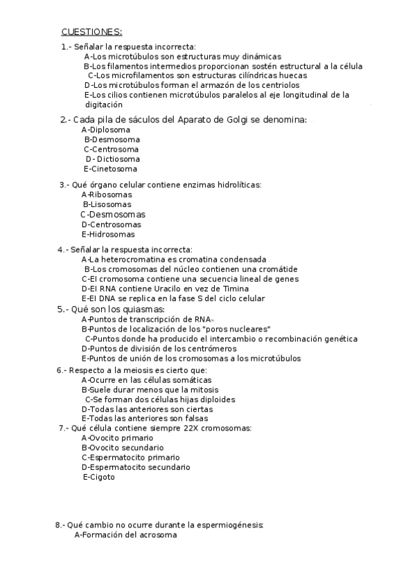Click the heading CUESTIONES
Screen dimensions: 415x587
91,32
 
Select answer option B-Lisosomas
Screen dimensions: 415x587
107,204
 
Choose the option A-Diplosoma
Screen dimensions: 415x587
105,129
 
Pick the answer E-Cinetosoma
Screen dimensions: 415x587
110,168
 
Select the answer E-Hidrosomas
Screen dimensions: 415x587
108,234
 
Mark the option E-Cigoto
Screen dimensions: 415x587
99,477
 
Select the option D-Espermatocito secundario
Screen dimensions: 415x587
135,467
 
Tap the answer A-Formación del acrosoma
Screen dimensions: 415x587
125,534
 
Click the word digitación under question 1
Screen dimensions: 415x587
104,105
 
